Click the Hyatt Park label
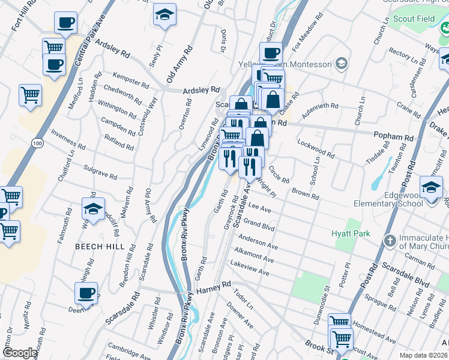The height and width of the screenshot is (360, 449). click(x=351, y=233)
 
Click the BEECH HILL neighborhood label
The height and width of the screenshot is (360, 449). click(x=100, y=247)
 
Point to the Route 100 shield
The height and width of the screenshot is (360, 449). click(x=37, y=143)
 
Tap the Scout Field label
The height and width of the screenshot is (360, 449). click(x=413, y=19)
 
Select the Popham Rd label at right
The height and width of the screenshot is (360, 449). click(x=393, y=137)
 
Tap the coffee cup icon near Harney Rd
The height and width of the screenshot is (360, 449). click(x=86, y=293)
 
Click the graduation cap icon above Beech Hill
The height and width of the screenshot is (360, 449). click(x=93, y=209)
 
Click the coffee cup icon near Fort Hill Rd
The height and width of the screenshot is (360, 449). click(x=65, y=23)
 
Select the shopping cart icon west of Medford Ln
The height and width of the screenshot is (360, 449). click(x=30, y=94)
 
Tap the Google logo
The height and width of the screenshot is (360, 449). click(x=20, y=353)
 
